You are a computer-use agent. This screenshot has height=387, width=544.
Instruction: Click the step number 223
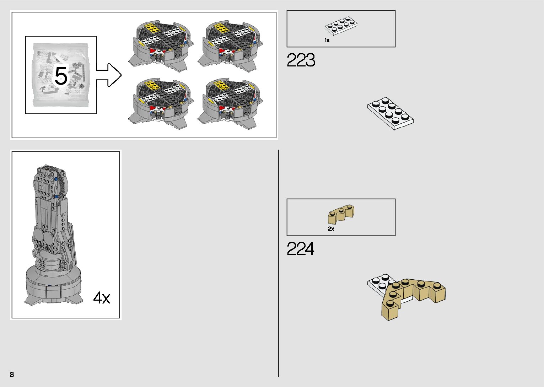point(301,60)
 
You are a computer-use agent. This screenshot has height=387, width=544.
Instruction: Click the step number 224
point(301,249)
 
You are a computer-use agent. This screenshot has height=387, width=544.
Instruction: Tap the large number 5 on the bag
point(61,76)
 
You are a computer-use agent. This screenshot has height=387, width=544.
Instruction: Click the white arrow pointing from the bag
point(109,75)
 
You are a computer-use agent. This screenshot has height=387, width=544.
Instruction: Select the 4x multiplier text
point(102,297)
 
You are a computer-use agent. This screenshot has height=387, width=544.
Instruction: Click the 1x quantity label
point(327,41)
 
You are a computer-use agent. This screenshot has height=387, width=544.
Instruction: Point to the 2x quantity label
point(331,229)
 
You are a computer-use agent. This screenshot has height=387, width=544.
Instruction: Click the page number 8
point(12,374)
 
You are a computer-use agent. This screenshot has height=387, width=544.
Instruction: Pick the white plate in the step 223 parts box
point(341,26)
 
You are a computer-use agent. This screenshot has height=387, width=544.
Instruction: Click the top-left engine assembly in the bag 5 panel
point(162,44)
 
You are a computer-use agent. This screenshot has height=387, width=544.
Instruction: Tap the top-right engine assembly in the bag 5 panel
point(231,44)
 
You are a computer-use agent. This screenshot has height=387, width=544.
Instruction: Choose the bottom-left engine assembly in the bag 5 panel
point(162,102)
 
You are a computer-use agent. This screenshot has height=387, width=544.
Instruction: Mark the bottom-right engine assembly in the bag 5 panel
point(231,102)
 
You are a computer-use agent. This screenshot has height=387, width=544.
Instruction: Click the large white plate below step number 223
point(390,113)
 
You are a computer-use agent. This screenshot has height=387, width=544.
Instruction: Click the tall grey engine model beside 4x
point(53,235)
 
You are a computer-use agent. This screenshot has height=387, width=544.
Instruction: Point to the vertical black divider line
point(278,263)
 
